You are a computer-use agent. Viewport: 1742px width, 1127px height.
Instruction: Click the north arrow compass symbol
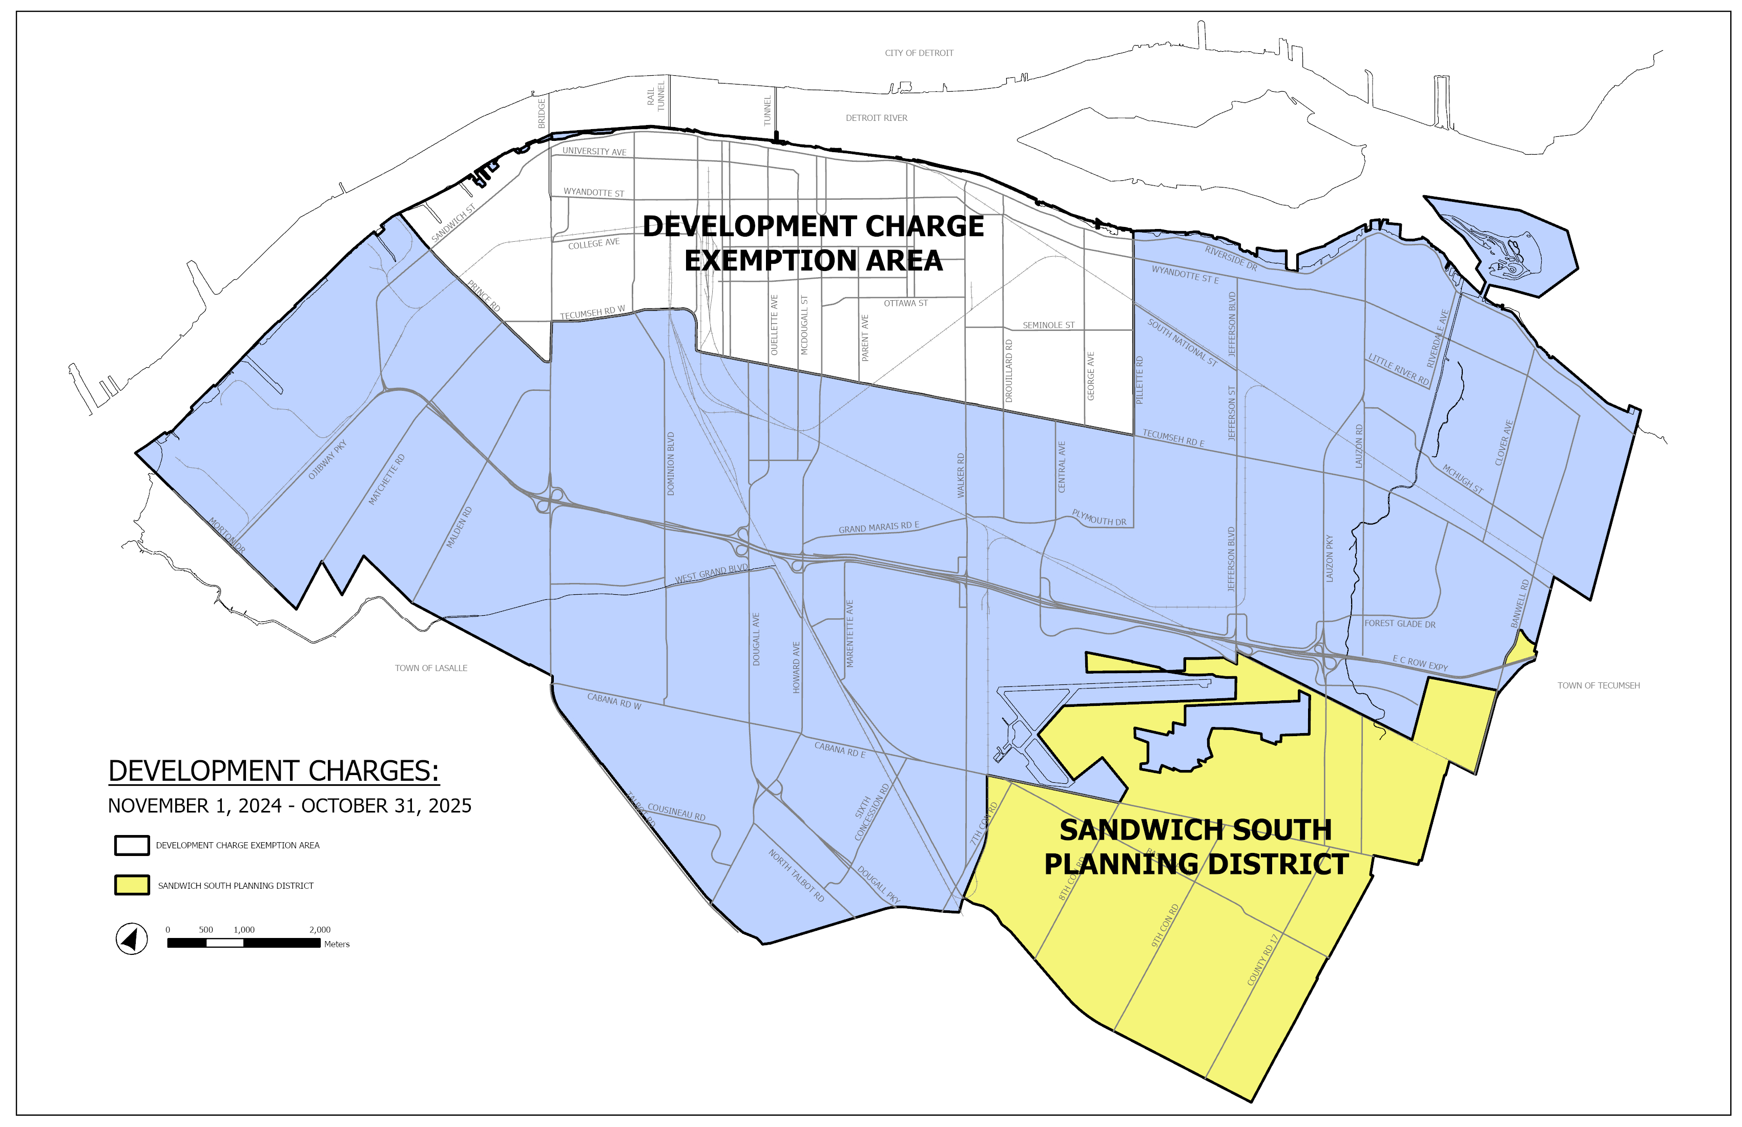tap(132, 939)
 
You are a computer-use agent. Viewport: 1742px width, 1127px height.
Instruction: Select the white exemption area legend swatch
tap(132, 845)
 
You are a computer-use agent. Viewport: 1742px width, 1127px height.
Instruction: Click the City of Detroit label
tap(919, 53)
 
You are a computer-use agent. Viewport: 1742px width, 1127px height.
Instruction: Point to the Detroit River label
tap(876, 118)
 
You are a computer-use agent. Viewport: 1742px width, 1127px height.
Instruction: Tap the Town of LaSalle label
tap(430, 668)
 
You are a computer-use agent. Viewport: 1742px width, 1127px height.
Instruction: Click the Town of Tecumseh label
tap(1598, 686)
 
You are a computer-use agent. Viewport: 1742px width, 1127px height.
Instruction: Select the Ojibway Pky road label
tap(327, 460)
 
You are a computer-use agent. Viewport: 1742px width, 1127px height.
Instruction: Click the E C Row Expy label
tap(1420, 663)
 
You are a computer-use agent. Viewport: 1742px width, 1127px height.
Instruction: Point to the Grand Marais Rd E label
tap(878, 527)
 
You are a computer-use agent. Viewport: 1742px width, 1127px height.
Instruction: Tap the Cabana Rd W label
tap(614, 701)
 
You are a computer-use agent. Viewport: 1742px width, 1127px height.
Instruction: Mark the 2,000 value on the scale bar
tap(319, 929)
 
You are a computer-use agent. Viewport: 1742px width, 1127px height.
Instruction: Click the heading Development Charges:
tap(273, 771)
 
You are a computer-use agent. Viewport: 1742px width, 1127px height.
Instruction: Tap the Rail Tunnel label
tap(656, 96)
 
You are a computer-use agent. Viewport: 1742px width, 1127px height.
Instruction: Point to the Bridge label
tap(542, 113)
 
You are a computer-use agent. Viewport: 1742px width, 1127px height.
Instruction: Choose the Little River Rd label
tap(1399, 369)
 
